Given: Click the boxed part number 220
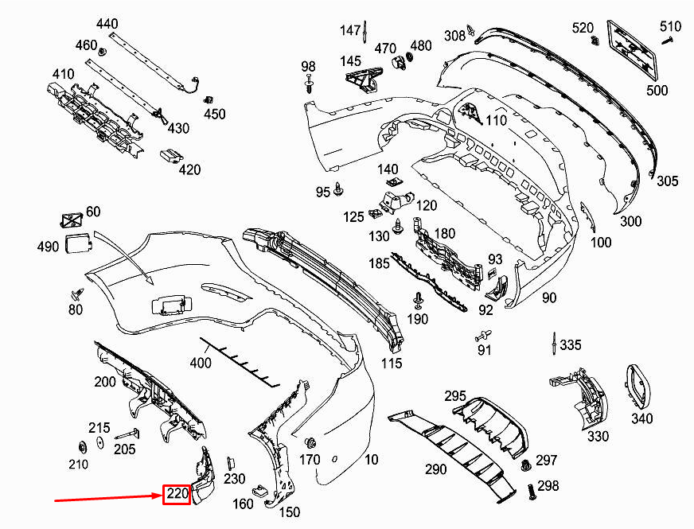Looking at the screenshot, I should point(176,495).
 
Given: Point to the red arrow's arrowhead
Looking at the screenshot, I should point(158,497).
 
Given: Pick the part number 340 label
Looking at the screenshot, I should point(641,418).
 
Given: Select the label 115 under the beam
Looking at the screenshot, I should point(392,364).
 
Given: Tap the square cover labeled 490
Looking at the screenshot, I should point(77,244).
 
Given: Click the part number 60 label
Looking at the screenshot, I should point(93,212).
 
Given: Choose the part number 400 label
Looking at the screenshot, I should point(201,364).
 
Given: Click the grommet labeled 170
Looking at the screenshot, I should point(311,442).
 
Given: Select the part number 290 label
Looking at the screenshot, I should point(435,469).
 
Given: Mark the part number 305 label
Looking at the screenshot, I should point(667,181).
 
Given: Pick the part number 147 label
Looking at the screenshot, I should point(351,30).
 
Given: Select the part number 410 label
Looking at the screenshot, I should point(63,74).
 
